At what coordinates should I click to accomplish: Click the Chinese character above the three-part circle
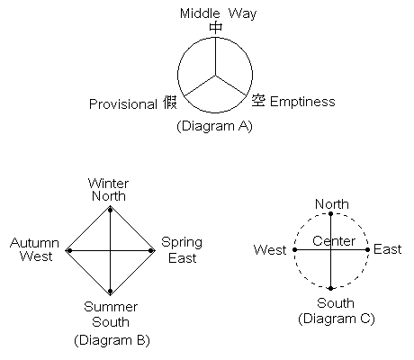215,28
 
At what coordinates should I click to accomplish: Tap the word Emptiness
302,102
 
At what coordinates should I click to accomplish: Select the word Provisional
123,104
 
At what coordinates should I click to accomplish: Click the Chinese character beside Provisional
170,103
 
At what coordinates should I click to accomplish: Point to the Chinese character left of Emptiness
258,101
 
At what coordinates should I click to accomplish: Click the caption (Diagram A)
214,126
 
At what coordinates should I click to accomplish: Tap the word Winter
108,184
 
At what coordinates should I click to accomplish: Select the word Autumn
34,243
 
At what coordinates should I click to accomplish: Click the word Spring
182,243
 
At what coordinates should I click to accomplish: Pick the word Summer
111,307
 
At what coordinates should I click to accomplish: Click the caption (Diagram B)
112,340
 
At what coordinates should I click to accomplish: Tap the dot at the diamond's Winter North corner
110,211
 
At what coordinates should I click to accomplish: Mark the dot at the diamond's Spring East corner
151,250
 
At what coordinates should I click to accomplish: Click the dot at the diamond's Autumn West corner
69,250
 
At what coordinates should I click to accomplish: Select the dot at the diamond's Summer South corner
110,291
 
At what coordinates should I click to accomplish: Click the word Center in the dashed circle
334,241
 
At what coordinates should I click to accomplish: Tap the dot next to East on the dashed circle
367,249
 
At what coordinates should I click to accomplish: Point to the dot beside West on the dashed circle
294,249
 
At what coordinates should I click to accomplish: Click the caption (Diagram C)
337,319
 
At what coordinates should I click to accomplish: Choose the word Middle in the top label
200,13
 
